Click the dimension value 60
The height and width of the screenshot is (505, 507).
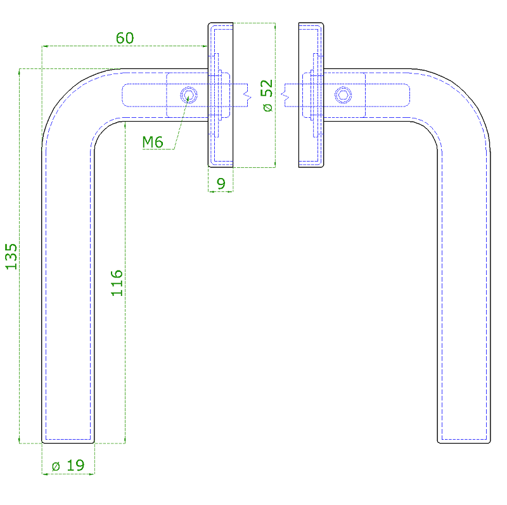pyautogui.click(x=125, y=38)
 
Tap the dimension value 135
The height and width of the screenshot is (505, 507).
pyautogui.click(x=11, y=257)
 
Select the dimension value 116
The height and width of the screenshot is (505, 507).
pyautogui.click(x=117, y=283)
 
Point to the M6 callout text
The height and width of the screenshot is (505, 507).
pyautogui.click(x=153, y=143)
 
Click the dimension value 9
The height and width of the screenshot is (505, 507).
pyautogui.click(x=221, y=184)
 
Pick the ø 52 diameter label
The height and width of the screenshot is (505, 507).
pyautogui.click(x=267, y=96)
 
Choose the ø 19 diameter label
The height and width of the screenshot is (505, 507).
pyautogui.click(x=68, y=465)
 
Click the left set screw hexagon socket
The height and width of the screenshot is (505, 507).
pyautogui.click(x=189, y=95)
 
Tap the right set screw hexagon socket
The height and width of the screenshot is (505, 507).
pyautogui.click(x=343, y=95)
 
